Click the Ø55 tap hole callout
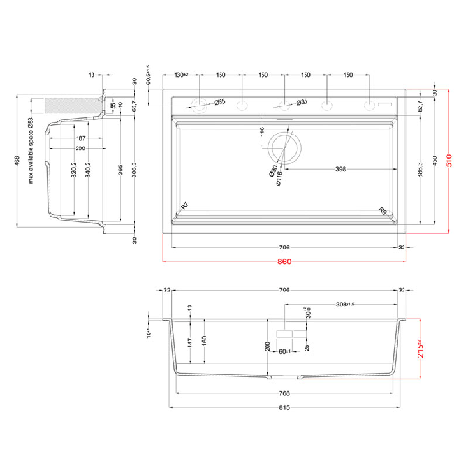[220, 102]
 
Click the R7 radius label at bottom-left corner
[183, 205]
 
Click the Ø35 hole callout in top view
[302, 102]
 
